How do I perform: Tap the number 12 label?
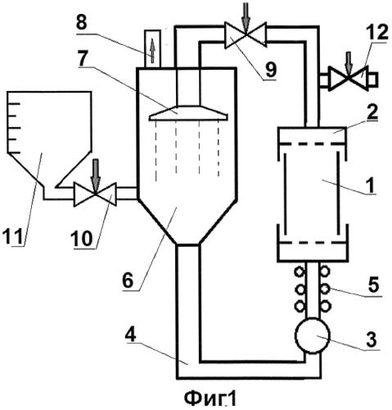[x=377, y=33]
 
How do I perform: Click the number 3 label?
[x=371, y=339]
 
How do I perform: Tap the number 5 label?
[x=373, y=285]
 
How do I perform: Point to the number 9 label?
[x=270, y=70]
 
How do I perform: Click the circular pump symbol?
[x=313, y=335]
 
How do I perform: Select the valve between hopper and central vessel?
[x=95, y=194]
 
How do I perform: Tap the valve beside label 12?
[x=349, y=78]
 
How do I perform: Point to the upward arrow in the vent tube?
[x=152, y=50]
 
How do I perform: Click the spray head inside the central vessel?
[x=188, y=113]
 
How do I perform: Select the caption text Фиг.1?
[x=210, y=399]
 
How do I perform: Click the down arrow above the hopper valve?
[x=96, y=177]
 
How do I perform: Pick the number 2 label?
[x=371, y=112]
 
